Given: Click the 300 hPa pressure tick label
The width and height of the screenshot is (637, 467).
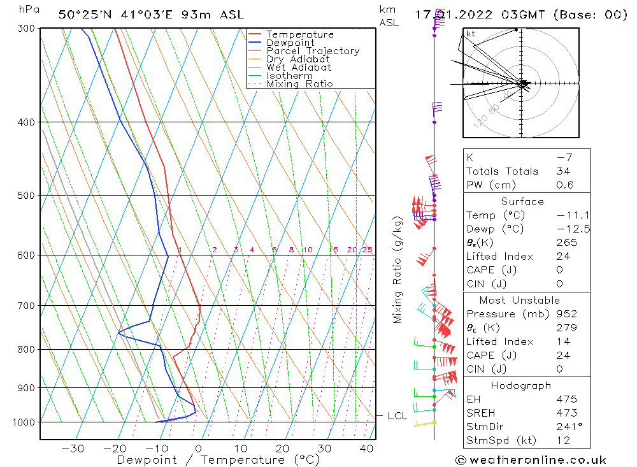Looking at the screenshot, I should click(x=26, y=28).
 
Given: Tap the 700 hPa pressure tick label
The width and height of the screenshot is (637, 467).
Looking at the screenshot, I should click(x=26, y=306).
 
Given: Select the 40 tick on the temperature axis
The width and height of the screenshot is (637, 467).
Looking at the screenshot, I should click(x=366, y=449).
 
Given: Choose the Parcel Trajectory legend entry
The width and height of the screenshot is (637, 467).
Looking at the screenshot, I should click(x=313, y=51).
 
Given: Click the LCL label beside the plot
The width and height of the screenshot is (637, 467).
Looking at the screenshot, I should click(x=397, y=416).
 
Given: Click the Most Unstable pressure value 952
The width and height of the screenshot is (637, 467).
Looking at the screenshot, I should click(x=566, y=314).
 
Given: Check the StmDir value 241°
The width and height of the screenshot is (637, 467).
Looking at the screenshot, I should click(x=566, y=427).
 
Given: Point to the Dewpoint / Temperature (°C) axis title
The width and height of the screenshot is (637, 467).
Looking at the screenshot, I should click(x=209, y=460).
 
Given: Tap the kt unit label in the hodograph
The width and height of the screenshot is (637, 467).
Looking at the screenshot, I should click(x=471, y=34).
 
